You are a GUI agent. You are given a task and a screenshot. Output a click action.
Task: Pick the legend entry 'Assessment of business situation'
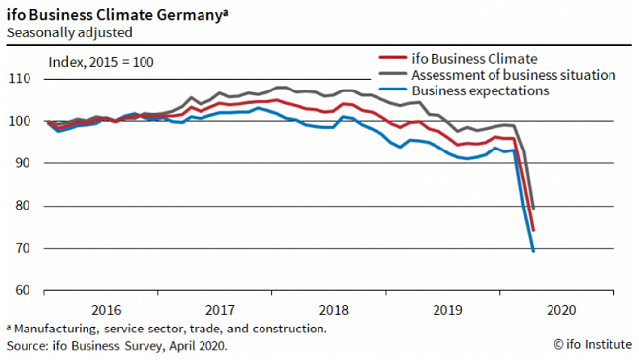click(x=513, y=75)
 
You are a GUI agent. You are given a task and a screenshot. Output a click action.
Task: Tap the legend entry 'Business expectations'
click(x=479, y=91)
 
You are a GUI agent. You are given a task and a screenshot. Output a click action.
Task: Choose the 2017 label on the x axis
click(x=219, y=309)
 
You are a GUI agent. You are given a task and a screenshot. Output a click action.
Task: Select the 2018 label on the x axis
click(x=333, y=309)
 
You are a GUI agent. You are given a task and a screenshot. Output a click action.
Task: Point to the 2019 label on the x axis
click(x=447, y=309)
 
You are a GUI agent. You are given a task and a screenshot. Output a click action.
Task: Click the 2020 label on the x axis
click(x=561, y=309)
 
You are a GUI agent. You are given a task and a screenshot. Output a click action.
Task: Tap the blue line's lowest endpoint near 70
click(x=533, y=251)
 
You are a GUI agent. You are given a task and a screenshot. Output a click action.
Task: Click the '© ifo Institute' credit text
click(x=589, y=345)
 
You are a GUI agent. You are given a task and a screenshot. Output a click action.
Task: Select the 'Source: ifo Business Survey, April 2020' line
click(x=117, y=346)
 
